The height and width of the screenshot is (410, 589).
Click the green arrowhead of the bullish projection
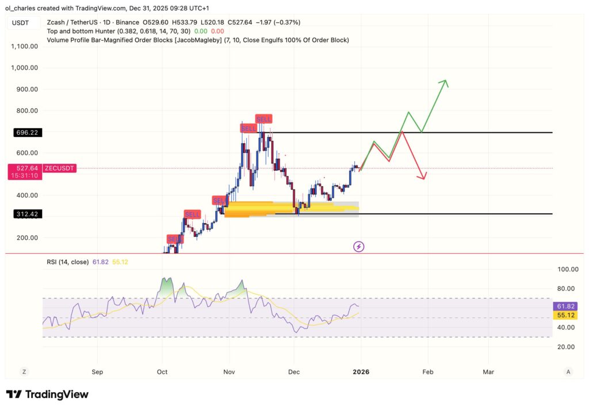pyautogui.click(x=444, y=83)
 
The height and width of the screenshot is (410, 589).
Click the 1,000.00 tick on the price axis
pyautogui.click(x=24, y=68)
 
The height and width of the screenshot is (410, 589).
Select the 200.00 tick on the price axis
pyautogui.click(x=26, y=237)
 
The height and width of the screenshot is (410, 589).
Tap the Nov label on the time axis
pyautogui.click(x=229, y=372)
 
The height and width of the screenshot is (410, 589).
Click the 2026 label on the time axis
pyautogui.click(x=361, y=372)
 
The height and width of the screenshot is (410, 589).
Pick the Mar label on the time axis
pyautogui.click(x=488, y=372)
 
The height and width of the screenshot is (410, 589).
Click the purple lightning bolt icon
pyautogui.click(x=359, y=247)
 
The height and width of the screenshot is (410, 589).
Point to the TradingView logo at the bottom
pyautogui.click(x=47, y=394)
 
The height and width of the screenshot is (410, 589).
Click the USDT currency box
pyautogui.click(x=21, y=22)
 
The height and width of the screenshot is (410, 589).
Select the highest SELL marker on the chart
pyautogui.click(x=263, y=119)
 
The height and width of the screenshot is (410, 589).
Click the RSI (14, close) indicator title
pyautogui.click(x=68, y=262)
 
